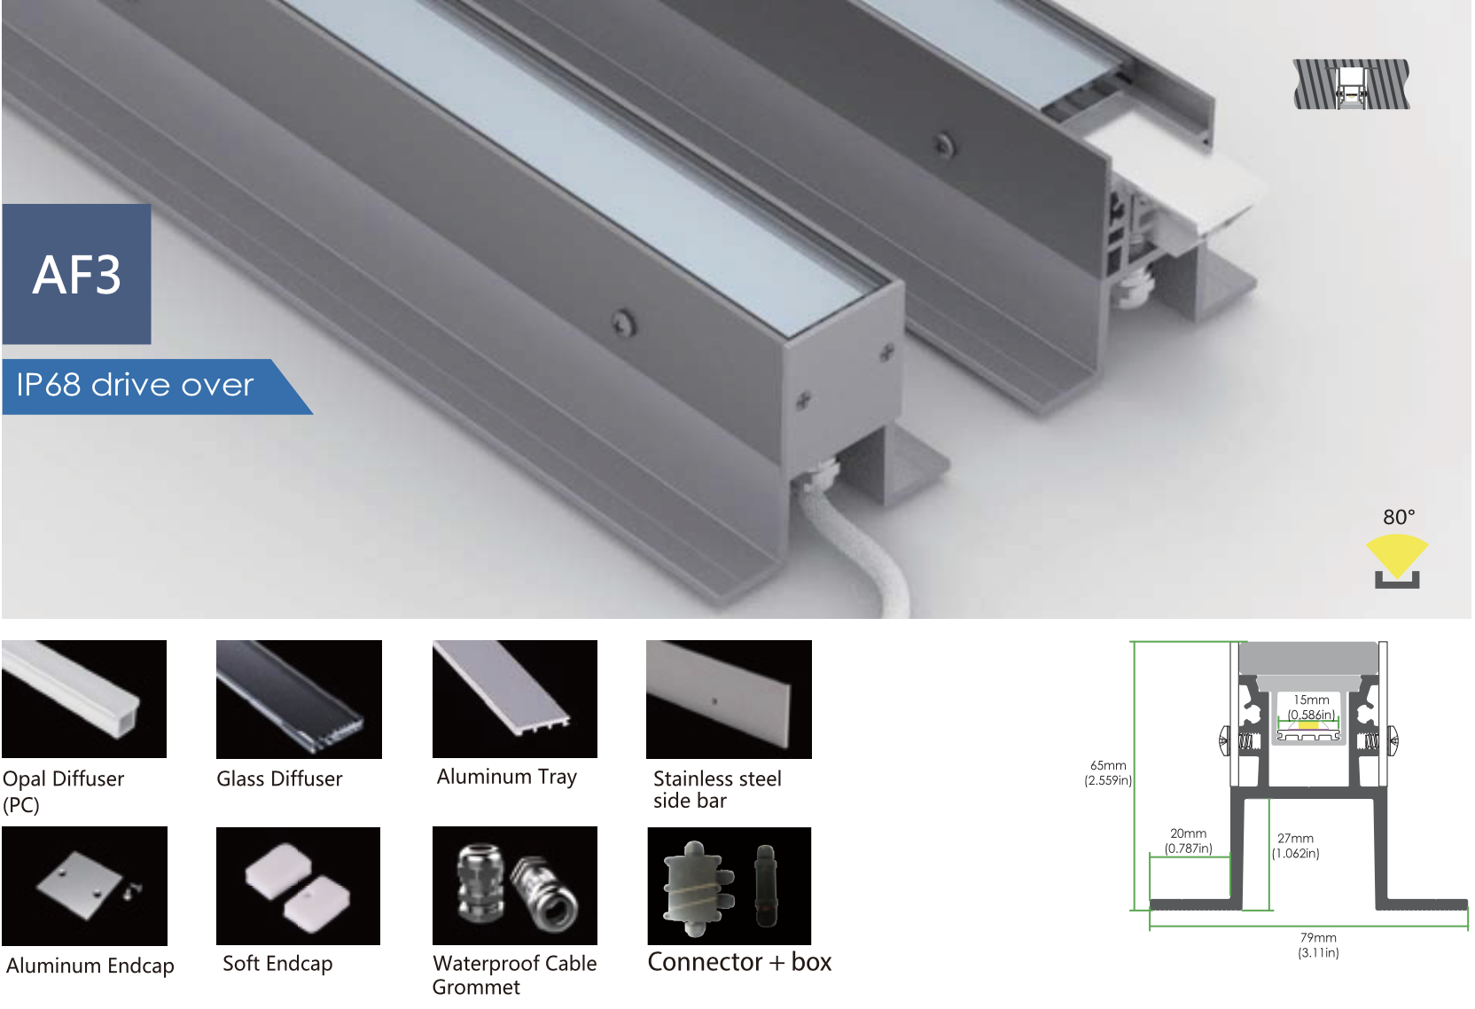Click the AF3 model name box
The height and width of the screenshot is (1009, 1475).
pyautogui.click(x=77, y=275)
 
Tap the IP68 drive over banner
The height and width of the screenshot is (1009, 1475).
pyautogui.click(x=142, y=386)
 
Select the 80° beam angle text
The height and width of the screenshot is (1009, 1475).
pyautogui.click(x=1399, y=517)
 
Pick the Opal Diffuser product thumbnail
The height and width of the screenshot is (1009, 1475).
pyautogui.click(x=84, y=699)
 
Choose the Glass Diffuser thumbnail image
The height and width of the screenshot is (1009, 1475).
pyautogui.click(x=299, y=699)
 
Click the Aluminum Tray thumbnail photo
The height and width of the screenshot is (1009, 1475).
pyautogui.click(x=514, y=699)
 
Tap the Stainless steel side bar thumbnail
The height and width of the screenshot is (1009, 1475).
pyautogui.click(x=729, y=699)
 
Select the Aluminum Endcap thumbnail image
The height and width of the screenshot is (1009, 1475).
pyautogui.click(x=84, y=886)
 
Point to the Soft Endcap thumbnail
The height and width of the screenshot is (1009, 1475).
pyautogui.click(x=298, y=886)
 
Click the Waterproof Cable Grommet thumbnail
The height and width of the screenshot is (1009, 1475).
pyautogui.click(x=514, y=886)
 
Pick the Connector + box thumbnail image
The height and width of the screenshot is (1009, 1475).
pyautogui.click(x=729, y=886)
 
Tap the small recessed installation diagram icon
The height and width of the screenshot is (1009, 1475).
pyautogui.click(x=1351, y=84)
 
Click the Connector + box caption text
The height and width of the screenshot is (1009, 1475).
pyautogui.click(x=739, y=962)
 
